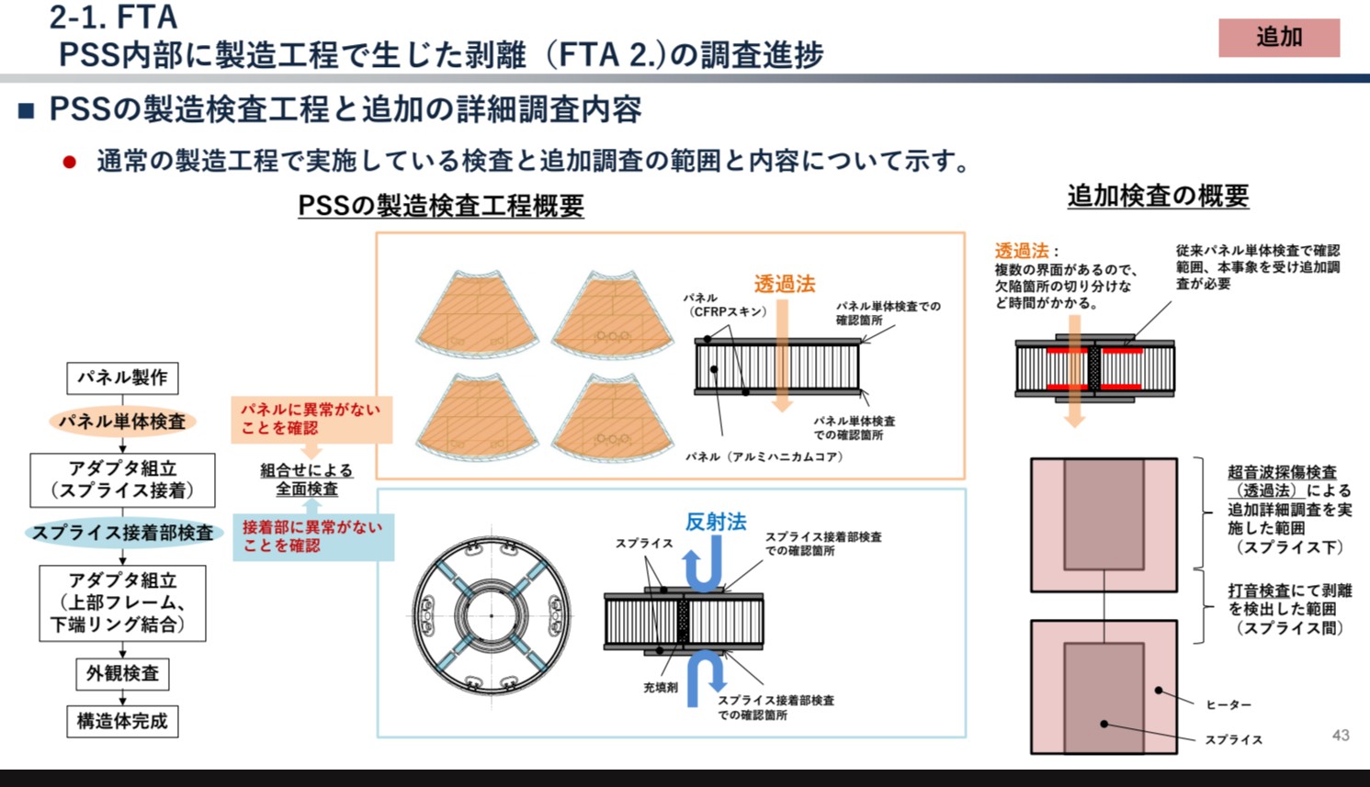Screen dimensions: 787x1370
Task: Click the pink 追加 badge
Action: pyautogui.click(x=1278, y=38)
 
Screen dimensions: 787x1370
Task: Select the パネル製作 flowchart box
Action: pyautogui.click(x=122, y=377)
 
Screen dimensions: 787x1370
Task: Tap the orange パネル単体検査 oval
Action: pyautogui.click(x=122, y=422)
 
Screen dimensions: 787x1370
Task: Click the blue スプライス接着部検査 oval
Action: pyautogui.click(x=122, y=533)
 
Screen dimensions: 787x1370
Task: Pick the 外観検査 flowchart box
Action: pyautogui.click(x=122, y=673)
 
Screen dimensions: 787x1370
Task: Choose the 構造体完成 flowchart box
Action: pyautogui.click(x=122, y=721)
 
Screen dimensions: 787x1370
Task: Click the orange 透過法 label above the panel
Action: pyautogui.click(x=784, y=284)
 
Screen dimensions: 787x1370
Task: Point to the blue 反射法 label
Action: pyautogui.click(x=715, y=522)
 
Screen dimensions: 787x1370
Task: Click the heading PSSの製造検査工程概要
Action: pyautogui.click(x=440, y=205)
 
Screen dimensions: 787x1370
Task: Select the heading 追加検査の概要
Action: pyautogui.click(x=1157, y=196)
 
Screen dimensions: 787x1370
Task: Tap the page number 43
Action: pyautogui.click(x=1341, y=735)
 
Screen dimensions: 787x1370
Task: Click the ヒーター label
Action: pyautogui.click(x=1228, y=704)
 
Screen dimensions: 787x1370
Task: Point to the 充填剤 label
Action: pyautogui.click(x=660, y=687)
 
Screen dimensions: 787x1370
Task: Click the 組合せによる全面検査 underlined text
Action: pyautogui.click(x=306, y=479)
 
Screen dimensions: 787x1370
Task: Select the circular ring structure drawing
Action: pyautogui.click(x=491, y=614)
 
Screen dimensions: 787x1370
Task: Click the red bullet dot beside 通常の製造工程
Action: pyautogui.click(x=69, y=163)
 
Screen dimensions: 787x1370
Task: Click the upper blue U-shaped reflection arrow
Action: pyautogui.click(x=702, y=565)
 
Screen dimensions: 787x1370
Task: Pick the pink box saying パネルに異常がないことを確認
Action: pyautogui.click(x=311, y=419)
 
